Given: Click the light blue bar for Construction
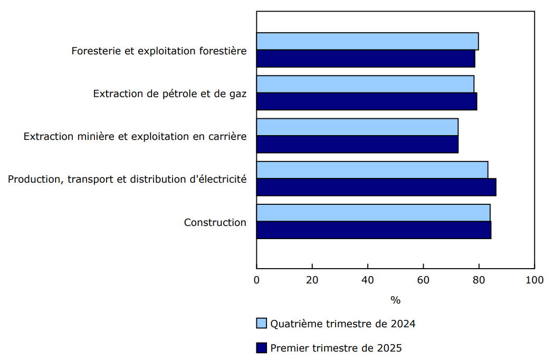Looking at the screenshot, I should pos(373,213).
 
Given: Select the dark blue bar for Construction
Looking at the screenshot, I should pos(374,230).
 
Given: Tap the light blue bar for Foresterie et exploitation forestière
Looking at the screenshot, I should pos(367,41).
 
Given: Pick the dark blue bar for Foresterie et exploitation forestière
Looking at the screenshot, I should pos(366,59).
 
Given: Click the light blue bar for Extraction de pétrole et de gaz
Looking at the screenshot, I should pos(365,84).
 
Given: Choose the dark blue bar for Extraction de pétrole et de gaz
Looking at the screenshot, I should pos(367,101).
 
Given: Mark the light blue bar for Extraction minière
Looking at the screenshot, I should pos(357,127).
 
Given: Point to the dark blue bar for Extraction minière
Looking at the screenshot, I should pos(357,144).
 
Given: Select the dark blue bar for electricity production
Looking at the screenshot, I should pos(376,187).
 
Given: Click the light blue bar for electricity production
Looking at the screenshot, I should pos(372,170).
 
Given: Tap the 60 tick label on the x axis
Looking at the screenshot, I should pos(423,280).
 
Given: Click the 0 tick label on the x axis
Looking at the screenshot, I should pos(257,280).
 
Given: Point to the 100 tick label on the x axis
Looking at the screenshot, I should pos(534,280).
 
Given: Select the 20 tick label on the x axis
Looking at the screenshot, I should pos(312,280).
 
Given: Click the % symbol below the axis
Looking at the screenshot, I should pos(395,300).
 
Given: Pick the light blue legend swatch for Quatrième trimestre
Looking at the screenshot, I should pos(262,324).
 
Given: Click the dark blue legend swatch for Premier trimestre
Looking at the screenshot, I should pos(262,348).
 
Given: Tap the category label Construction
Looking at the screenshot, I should pos(215,222).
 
